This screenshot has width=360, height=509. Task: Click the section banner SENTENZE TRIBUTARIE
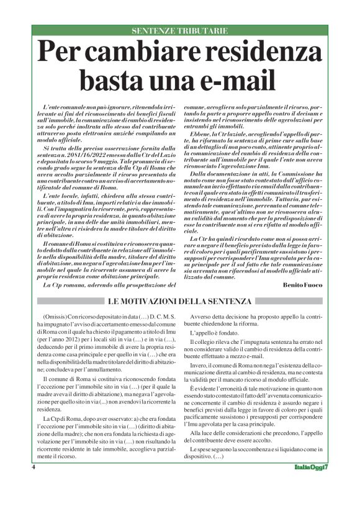179,30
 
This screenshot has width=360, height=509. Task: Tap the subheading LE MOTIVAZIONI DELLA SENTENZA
179,302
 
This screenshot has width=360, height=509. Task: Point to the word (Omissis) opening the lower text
52,317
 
